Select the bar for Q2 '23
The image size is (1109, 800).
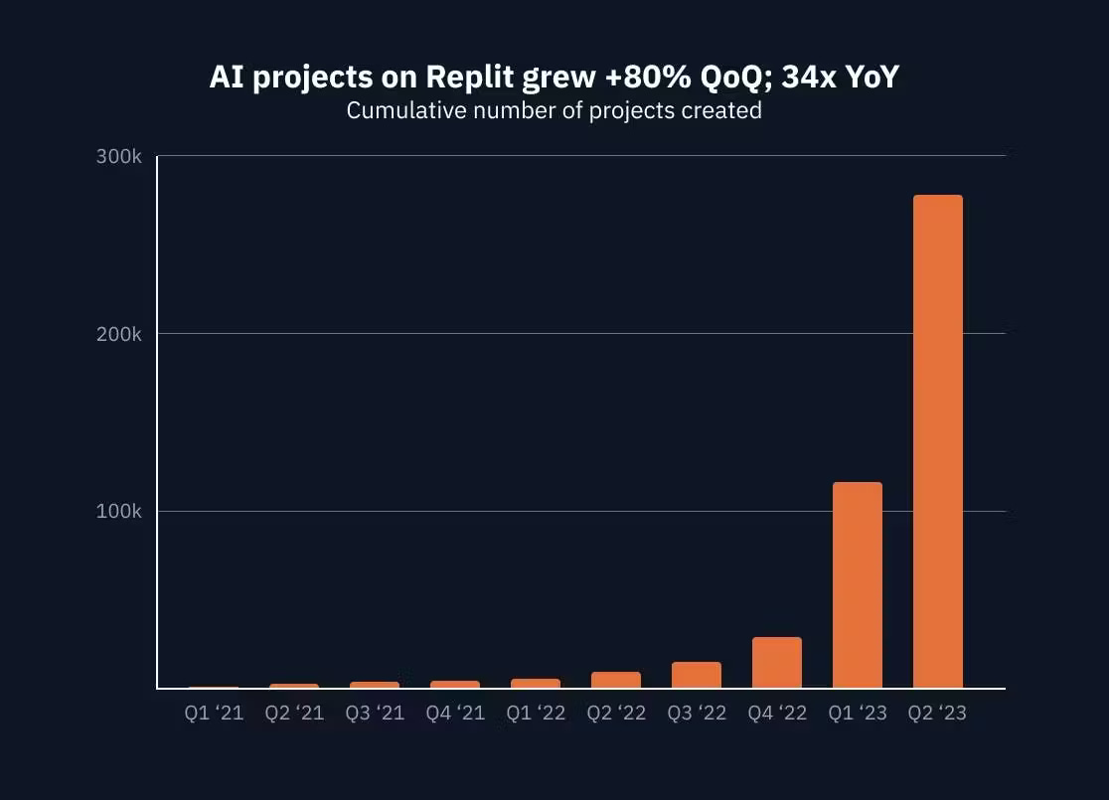pos(937,441)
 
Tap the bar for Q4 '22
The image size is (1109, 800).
pos(776,662)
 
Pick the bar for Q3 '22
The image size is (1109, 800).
pos(696,675)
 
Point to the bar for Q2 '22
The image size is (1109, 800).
pos(615,680)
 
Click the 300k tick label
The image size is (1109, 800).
pos(119,157)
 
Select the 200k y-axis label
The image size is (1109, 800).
pos(119,334)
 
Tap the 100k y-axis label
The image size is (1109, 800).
pos(119,512)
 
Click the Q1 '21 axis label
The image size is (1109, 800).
pos(214,714)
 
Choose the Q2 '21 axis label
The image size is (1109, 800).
pos(294,714)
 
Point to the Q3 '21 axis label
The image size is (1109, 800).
pos(375,714)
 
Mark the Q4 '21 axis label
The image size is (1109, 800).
pos(455,714)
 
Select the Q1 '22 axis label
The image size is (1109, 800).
pos(536,714)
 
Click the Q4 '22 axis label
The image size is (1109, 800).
pos(777,714)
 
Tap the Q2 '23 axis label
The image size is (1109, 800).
pos(937,714)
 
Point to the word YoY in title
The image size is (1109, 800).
pos(867,77)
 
